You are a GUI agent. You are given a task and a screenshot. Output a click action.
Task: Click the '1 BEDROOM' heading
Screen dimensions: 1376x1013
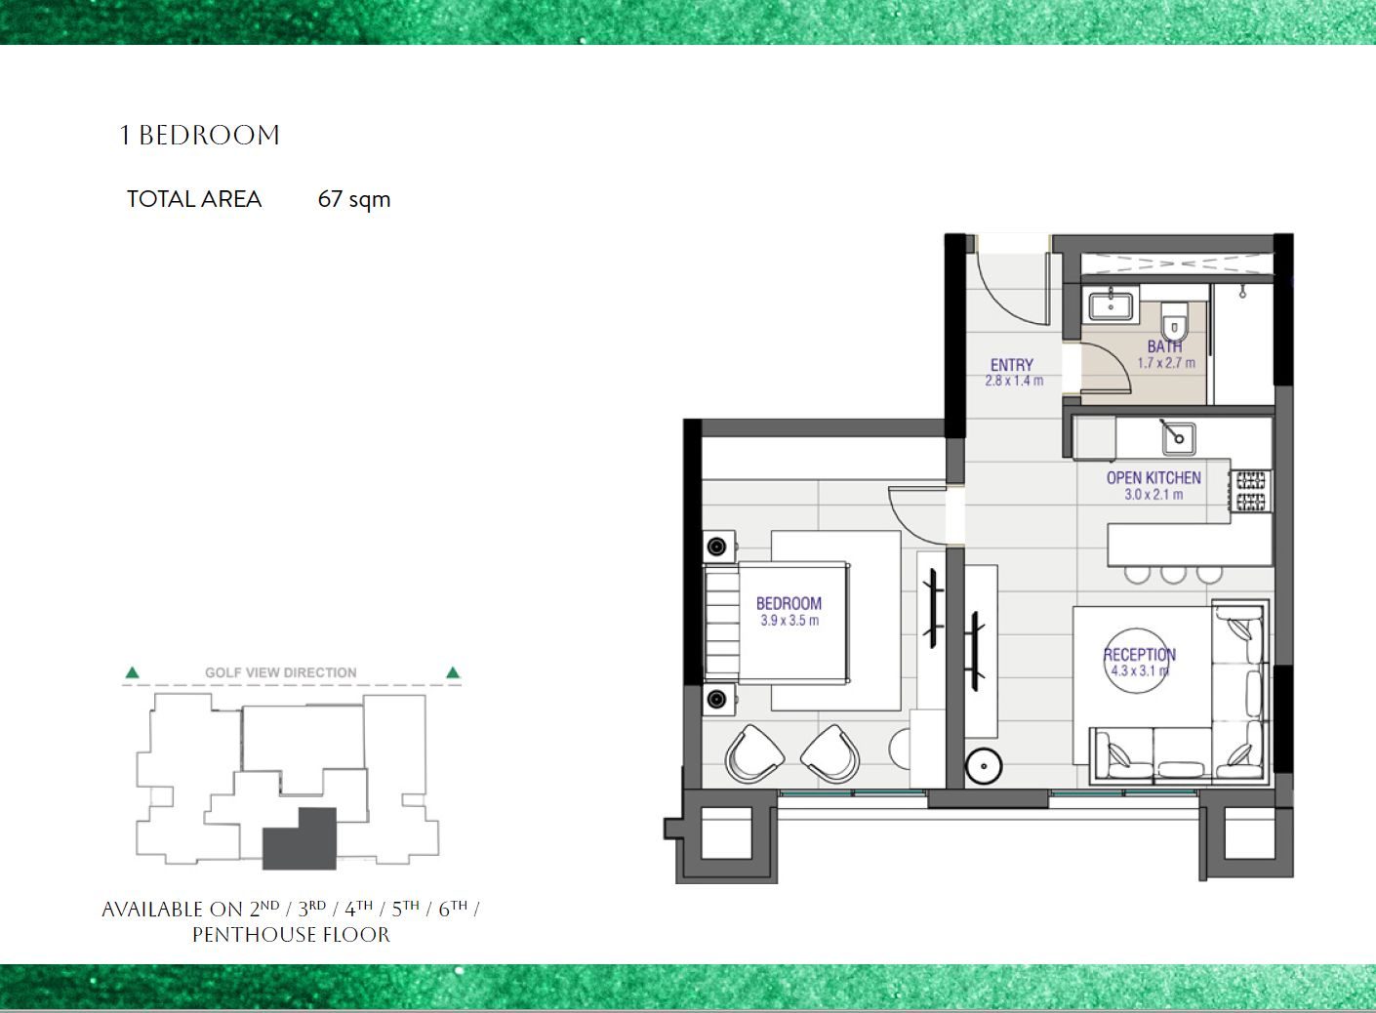[200, 136]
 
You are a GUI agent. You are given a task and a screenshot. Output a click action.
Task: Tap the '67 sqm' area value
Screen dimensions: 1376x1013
[354, 200]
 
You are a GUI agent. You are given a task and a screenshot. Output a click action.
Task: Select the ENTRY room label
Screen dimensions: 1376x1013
[1012, 365]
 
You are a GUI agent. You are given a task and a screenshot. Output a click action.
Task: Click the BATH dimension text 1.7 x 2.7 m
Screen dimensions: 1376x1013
[1166, 363]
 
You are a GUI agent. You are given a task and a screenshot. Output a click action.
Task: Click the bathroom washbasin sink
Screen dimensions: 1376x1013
[1111, 305]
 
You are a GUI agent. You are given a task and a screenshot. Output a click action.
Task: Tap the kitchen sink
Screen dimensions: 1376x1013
[1178, 438]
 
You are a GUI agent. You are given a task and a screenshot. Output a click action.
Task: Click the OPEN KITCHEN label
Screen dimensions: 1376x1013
[1153, 478]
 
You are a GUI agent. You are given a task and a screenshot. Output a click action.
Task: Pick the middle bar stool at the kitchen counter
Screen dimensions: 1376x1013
[1173, 575]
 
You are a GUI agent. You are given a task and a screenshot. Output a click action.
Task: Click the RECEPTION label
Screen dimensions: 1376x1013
[1140, 655]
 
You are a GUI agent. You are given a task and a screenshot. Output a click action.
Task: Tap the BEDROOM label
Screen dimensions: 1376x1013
[789, 604]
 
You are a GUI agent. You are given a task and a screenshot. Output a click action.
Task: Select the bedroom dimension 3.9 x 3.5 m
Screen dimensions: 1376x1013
[789, 621]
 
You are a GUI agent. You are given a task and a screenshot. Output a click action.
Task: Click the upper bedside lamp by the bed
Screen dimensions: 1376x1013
[717, 547]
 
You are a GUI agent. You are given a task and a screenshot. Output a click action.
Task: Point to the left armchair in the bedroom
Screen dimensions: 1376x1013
[753, 753]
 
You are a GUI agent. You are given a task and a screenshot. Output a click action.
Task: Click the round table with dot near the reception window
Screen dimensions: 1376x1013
[984, 766]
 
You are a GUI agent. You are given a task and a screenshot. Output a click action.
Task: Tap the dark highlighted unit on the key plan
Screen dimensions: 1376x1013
[300, 838]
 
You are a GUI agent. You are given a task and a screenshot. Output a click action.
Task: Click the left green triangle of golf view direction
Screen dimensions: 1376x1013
[132, 672]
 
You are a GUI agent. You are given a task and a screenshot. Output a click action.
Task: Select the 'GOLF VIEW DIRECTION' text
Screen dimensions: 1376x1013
[281, 672]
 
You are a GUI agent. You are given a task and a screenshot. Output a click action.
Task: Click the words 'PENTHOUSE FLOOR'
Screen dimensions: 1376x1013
[291, 935]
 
